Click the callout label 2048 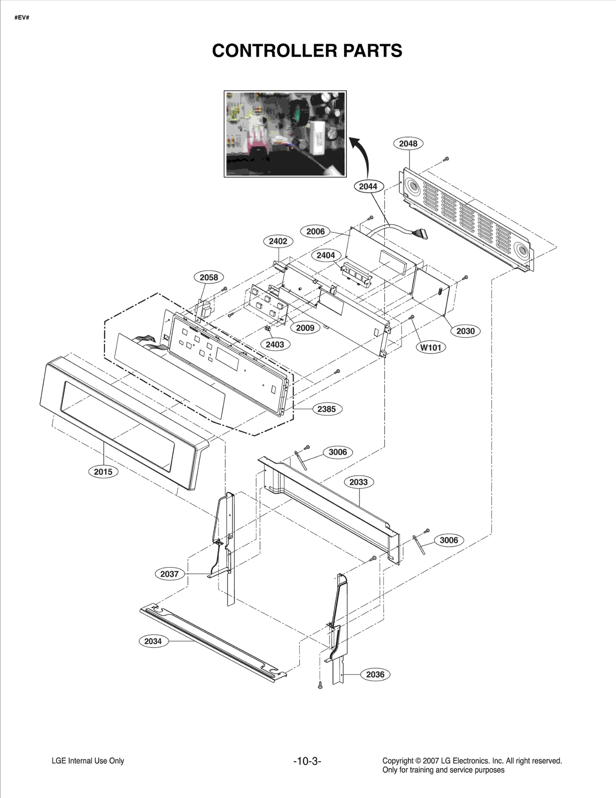(408, 144)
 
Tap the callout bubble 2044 (368, 186)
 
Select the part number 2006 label (315, 231)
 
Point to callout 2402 (278, 241)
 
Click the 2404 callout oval (326, 255)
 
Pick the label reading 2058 (209, 277)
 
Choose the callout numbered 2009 (305, 328)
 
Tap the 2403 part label (275, 344)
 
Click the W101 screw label (431, 347)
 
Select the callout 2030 (465, 331)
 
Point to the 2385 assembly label (326, 409)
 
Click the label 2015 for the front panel (103, 472)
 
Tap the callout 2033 (358, 482)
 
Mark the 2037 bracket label (169, 574)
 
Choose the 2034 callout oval (153, 641)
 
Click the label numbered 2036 (375, 674)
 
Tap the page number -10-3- (307, 761)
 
